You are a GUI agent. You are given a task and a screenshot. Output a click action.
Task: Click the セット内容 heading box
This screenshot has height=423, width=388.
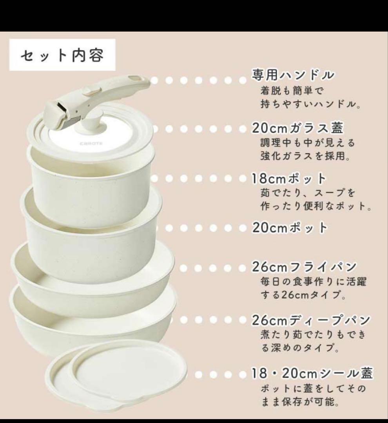pos(62,55)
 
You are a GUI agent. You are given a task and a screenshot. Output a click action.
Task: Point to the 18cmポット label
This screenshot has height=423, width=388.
pos(289,179)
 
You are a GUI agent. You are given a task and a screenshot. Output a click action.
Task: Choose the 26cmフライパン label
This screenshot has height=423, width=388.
pos(304,268)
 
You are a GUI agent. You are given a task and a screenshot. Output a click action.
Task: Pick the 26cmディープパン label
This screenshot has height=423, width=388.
pos(310,321)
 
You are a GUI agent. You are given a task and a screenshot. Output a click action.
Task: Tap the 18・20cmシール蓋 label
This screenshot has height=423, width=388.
pos(312,374)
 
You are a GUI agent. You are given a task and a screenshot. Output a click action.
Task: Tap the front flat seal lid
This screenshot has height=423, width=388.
pos(129,372)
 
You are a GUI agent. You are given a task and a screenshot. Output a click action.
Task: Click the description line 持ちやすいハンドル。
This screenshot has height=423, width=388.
pos(310,105)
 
